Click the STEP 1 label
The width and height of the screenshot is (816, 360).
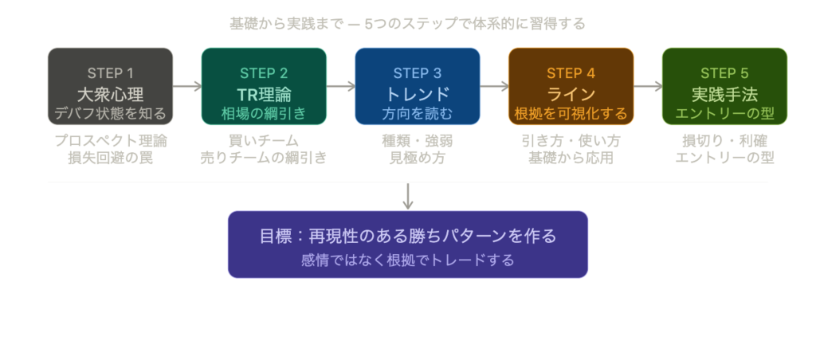[110, 73]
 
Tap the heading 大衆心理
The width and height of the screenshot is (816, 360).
[110, 94]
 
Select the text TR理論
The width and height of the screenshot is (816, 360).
[264, 94]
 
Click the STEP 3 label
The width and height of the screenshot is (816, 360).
[418, 73]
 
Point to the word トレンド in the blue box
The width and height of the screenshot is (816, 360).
[418, 94]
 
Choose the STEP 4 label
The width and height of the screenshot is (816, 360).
[571, 73]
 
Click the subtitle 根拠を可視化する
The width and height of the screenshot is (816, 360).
[571, 113]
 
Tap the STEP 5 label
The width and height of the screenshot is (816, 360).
[724, 73]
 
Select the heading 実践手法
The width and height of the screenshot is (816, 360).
[724, 94]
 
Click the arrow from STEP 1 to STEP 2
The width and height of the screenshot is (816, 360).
[187, 86]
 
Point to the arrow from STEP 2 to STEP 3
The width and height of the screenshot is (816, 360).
[341, 86]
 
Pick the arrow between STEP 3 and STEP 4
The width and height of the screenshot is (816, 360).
[494, 86]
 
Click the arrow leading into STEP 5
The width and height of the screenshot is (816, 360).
[648, 86]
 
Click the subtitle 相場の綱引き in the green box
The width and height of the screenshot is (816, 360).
[264, 113]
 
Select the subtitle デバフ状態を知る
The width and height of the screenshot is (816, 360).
[110, 113]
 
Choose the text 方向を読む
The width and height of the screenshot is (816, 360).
[418, 113]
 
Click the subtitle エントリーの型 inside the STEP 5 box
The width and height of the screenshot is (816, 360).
[724, 113]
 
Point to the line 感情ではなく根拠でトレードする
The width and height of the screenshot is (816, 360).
[407, 260]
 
